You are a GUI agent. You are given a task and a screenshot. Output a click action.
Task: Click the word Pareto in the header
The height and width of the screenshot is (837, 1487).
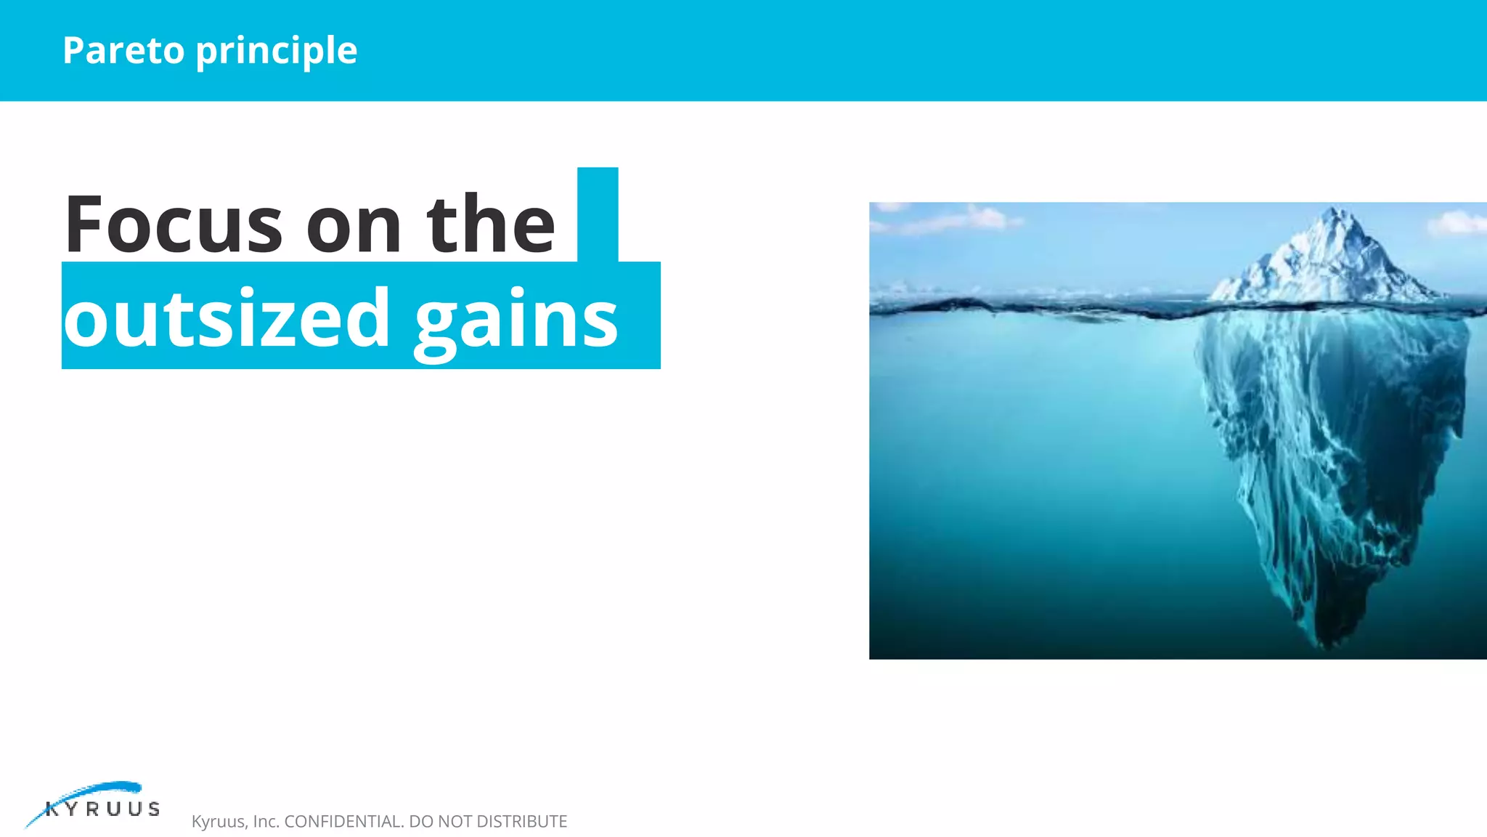tap(123, 50)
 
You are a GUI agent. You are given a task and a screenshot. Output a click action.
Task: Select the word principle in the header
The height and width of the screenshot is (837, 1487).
tap(277, 52)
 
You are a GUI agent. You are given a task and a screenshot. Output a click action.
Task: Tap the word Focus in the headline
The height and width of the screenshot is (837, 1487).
tap(173, 225)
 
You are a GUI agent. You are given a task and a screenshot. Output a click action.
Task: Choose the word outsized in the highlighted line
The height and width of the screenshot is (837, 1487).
tap(227, 318)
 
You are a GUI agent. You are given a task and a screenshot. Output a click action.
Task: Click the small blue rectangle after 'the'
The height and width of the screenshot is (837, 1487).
tap(598, 214)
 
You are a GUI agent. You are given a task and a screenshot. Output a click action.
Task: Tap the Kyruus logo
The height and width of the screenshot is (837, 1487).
tap(94, 804)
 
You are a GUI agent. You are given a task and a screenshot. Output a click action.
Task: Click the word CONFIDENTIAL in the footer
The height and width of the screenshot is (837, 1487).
tap(344, 822)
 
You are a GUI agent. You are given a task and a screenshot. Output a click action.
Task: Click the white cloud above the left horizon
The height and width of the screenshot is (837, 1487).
tap(973, 218)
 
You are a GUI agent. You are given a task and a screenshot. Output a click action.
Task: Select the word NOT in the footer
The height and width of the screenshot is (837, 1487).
tap(455, 822)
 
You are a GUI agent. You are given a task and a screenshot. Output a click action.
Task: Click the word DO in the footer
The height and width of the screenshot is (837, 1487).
tap(420, 822)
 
